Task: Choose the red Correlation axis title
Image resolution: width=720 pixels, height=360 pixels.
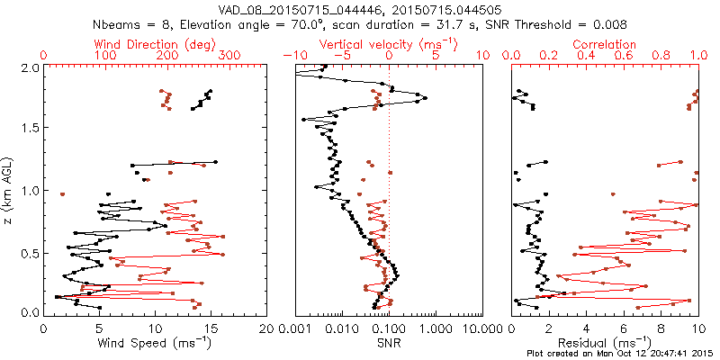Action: coord(605,44)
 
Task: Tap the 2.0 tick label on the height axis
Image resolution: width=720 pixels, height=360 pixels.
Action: coord(31,67)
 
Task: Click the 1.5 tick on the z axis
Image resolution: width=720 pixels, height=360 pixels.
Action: coord(31,129)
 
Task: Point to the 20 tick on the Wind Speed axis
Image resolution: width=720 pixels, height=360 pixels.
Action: coord(265,328)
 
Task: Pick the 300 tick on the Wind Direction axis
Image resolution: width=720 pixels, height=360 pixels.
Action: coord(230,55)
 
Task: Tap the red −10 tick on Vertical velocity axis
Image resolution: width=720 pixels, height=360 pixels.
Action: coord(294,55)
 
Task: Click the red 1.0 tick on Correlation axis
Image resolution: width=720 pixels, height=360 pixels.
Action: coord(698,55)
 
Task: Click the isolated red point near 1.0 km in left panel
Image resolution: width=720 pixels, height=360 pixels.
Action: coord(63,193)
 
